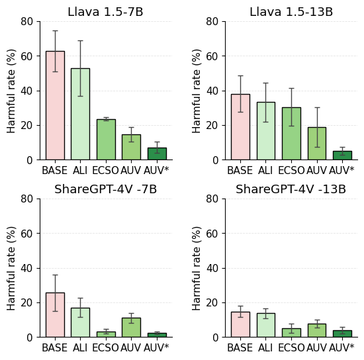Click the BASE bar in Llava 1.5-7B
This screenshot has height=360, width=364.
(x=55, y=106)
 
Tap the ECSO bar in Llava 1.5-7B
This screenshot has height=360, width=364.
(x=106, y=140)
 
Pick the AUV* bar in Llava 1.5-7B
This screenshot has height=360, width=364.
(x=157, y=154)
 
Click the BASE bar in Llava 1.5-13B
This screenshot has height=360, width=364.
(x=240, y=127)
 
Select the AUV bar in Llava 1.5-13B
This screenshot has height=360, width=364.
(x=317, y=144)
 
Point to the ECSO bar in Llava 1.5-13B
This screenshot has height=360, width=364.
(x=291, y=134)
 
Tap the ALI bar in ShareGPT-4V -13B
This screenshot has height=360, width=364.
(x=265, y=326)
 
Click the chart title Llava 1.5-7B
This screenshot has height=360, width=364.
(x=105, y=12)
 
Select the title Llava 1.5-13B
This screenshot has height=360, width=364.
(x=291, y=12)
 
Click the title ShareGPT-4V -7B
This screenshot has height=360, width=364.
(x=105, y=189)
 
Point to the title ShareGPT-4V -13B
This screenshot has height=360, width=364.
(x=291, y=189)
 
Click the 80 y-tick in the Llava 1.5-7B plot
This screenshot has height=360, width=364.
(x=27, y=21)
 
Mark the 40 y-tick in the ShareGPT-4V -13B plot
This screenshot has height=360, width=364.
(x=212, y=268)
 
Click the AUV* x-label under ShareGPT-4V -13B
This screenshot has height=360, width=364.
(x=342, y=347)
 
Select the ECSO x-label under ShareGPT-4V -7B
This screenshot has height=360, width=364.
(x=106, y=347)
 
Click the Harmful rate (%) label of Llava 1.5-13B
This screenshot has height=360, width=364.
(x=197, y=91)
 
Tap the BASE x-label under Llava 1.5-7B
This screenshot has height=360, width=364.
(x=55, y=170)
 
